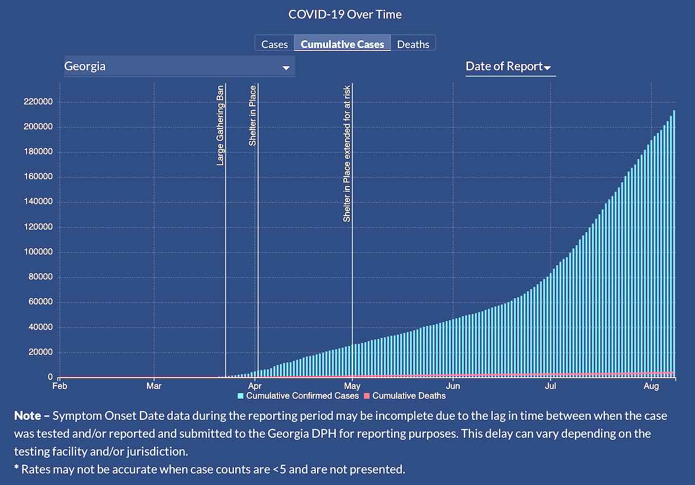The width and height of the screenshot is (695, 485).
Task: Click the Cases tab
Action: [x=274, y=44]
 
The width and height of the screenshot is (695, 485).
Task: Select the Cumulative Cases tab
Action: [x=342, y=44]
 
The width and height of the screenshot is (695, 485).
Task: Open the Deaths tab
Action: [x=413, y=44]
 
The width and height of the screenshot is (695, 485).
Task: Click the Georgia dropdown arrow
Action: [x=285, y=68]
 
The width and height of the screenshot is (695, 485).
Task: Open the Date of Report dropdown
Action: [x=510, y=67]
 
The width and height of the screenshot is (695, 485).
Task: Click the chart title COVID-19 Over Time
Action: [x=345, y=14]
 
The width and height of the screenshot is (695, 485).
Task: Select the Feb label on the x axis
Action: [x=60, y=386]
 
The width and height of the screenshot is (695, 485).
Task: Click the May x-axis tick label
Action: [x=353, y=386]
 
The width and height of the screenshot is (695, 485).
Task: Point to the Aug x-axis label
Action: [x=651, y=386]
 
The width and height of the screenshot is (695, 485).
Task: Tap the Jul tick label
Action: [x=551, y=386]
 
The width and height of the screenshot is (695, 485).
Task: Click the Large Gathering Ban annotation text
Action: [x=220, y=125]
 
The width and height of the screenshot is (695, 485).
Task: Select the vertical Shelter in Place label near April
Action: [x=252, y=115]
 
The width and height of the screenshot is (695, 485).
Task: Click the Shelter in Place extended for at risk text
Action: [x=347, y=153]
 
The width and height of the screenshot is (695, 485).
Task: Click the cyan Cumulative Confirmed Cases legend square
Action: [x=241, y=396]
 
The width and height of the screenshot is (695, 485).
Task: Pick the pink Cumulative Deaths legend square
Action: [x=367, y=396]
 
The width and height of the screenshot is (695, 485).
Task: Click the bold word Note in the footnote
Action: [x=27, y=416]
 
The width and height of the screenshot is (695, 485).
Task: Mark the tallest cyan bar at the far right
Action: [x=674, y=244]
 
